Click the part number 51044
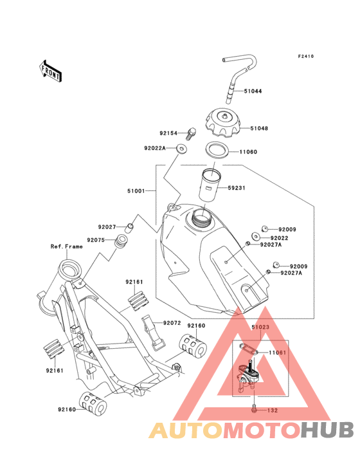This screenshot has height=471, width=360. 253,91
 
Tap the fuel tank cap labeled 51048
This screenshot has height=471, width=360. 222,123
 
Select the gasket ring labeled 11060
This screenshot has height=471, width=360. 217,150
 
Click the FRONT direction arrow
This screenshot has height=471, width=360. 50,71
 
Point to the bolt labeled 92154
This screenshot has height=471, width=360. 191,133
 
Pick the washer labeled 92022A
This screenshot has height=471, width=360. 181,149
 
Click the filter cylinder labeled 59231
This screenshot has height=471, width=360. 210,186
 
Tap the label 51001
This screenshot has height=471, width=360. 136,191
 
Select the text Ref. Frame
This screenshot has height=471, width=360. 67,246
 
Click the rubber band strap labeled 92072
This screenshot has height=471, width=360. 153,333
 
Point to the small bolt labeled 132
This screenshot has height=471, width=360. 254,409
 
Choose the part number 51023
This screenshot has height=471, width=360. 260,327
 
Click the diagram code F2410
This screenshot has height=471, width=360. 306,56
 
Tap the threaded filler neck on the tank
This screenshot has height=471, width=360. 200,217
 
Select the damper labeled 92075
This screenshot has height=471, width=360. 121,241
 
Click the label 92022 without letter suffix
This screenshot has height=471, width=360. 279,238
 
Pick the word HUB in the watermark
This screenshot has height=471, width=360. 328,430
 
